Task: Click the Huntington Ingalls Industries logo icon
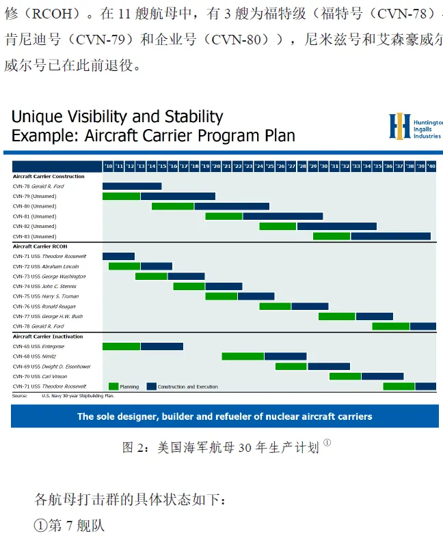pos(399,126)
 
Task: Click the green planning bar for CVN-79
pos(121,197)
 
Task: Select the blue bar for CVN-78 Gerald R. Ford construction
pos(132,186)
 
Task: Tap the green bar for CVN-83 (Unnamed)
pos(332,236)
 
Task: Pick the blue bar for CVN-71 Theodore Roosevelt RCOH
pos(118,256)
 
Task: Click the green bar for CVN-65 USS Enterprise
pos(121,346)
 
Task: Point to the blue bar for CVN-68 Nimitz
pos(285,356)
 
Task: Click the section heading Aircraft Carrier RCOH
pos(40,246)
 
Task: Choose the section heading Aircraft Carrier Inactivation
pos(48,337)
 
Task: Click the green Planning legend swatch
pos(113,386)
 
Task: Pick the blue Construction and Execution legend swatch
pos(151,386)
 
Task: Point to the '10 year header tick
pos(108,167)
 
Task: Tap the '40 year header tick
pos(431,167)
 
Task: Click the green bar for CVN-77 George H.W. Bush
pos(336,316)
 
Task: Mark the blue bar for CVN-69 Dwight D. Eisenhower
pos(328,367)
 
